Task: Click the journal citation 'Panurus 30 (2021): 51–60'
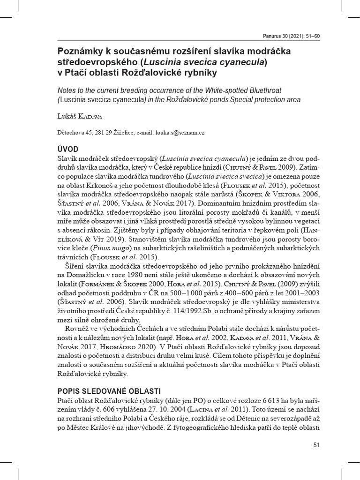pyautogui.click(x=289, y=36)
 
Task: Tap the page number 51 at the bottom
pyautogui.click(x=316, y=445)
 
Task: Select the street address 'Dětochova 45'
pyautogui.click(x=74, y=133)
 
